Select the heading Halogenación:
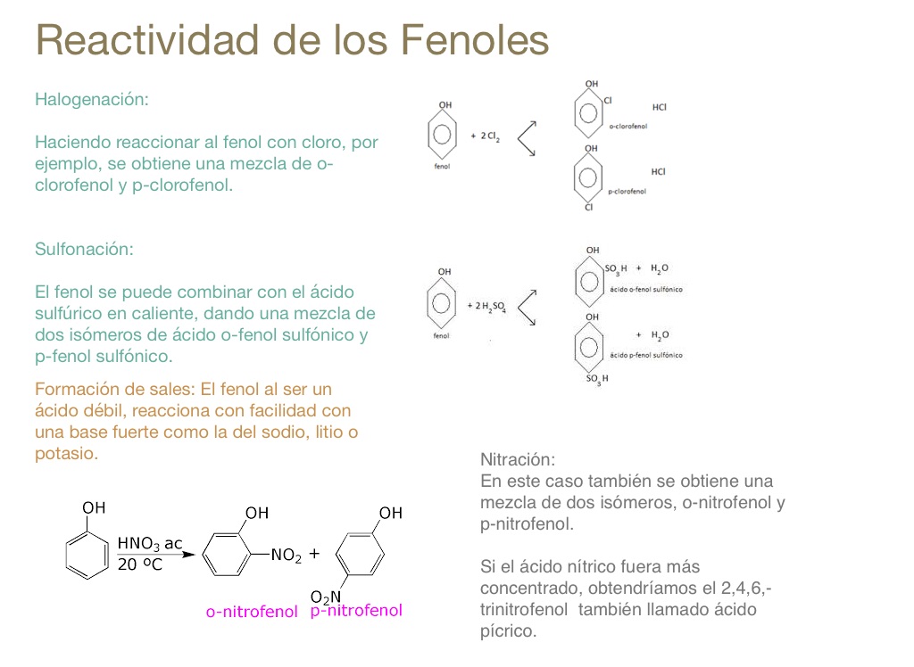(91, 100)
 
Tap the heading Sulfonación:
(84, 250)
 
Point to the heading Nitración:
(518, 461)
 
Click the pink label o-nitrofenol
(252, 613)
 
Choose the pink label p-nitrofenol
(356, 611)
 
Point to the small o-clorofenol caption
(627, 127)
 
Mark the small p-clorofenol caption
(627, 191)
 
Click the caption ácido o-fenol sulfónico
(646, 290)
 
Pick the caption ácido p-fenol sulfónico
(646, 355)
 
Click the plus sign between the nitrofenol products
(314, 554)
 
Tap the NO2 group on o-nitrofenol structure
(287, 556)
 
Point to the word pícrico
(508, 632)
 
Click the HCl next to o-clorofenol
(660, 107)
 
